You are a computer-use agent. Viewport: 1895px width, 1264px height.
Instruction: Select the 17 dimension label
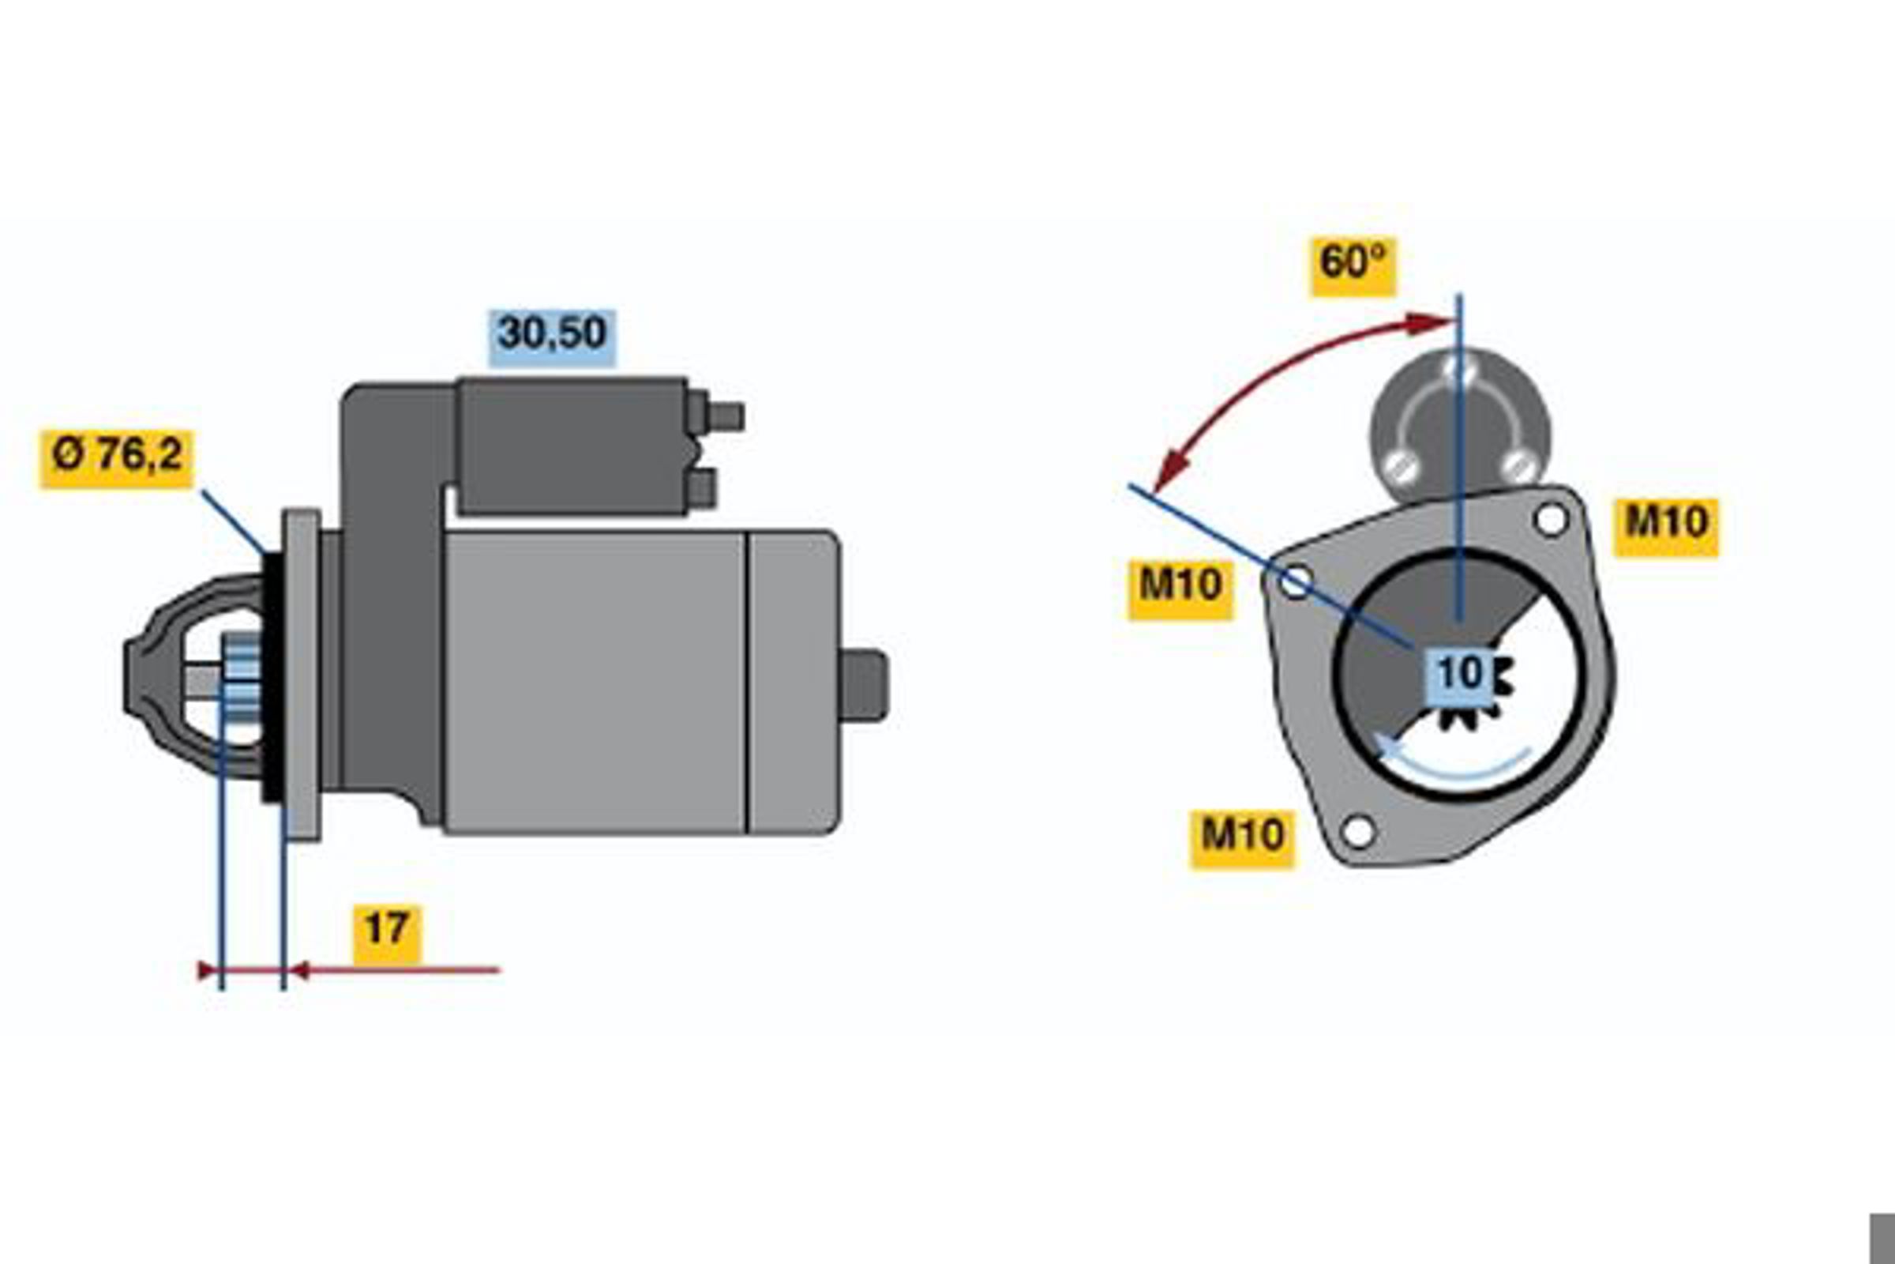pyautogui.click(x=387, y=934)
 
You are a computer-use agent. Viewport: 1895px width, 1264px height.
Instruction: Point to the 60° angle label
pyautogui.click(x=1353, y=267)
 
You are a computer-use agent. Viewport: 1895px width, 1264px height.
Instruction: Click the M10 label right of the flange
pyautogui.click(x=1665, y=527)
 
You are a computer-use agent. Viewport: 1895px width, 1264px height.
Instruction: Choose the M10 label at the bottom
pyautogui.click(x=1242, y=839)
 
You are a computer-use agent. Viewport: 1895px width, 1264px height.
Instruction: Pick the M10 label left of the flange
pyautogui.click(x=1180, y=590)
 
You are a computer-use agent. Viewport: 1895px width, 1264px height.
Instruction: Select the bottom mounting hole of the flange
pyautogui.click(x=1358, y=831)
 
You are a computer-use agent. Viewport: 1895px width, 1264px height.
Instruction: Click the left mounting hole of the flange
pyautogui.click(x=1296, y=582)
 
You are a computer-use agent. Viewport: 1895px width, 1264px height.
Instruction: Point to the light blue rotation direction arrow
pyautogui.click(x=1450, y=764)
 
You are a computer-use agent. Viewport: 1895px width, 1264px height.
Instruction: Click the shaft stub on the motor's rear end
pyautogui.click(x=865, y=685)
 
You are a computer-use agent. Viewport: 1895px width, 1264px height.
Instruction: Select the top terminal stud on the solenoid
pyautogui.click(x=725, y=417)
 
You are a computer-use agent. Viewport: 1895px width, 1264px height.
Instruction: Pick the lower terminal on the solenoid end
pyautogui.click(x=702, y=489)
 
